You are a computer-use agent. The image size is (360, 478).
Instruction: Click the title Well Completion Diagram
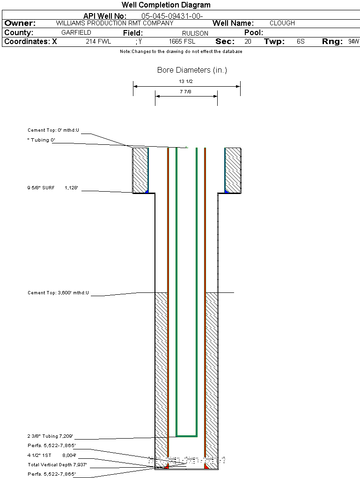tap(166, 5)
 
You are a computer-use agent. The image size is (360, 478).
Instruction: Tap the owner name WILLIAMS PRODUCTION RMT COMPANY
tap(114, 23)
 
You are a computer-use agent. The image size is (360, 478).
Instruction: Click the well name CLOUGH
tap(282, 23)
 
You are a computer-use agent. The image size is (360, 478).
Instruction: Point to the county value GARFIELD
tap(76, 33)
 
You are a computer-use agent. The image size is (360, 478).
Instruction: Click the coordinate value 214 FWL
tap(98, 42)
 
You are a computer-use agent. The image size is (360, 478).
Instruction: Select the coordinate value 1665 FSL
tap(182, 42)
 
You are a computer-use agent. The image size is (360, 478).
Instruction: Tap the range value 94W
tap(353, 42)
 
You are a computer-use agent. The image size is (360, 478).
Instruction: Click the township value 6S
tap(301, 42)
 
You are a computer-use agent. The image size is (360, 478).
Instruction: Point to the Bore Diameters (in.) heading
tap(192, 70)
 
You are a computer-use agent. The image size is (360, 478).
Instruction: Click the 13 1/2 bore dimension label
tap(186, 82)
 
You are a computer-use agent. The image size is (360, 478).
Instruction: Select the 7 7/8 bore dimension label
tap(186, 92)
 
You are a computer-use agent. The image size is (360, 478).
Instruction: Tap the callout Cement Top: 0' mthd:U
tap(53, 130)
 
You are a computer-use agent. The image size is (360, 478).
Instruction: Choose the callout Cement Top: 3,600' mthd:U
tap(58, 293)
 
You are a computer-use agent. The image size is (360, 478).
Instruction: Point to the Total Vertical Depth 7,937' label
tap(57, 465)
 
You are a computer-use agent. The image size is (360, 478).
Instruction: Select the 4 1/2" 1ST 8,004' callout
tap(51, 455)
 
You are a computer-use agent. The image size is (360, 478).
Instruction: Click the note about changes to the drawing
tap(181, 52)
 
